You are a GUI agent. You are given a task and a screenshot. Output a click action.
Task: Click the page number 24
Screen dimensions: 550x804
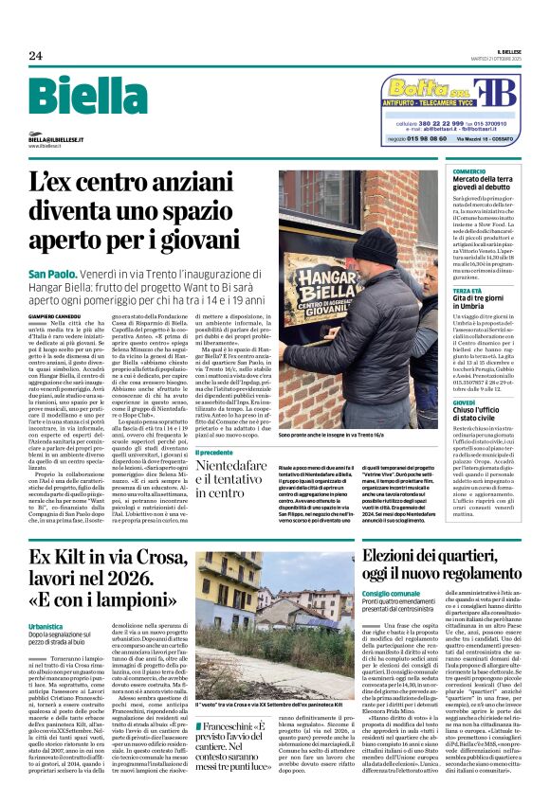[35, 55]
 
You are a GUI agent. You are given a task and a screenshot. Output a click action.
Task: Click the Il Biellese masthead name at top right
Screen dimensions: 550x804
[506, 52]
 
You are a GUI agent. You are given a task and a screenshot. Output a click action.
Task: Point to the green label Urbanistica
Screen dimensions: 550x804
[46, 627]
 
